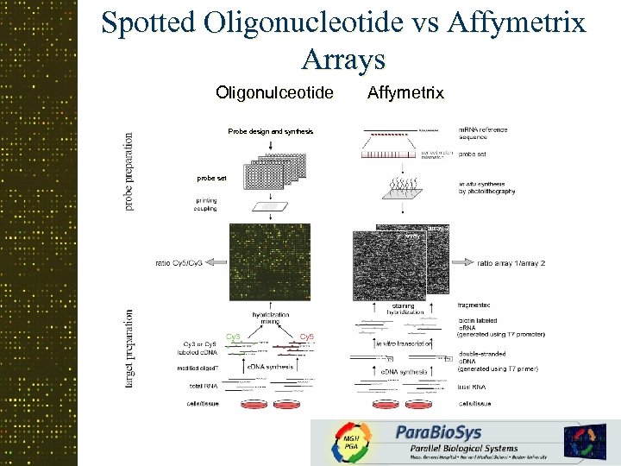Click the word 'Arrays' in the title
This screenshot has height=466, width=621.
point(343,59)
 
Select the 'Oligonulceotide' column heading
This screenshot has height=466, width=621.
point(273,91)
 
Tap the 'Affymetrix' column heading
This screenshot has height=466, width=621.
point(405,91)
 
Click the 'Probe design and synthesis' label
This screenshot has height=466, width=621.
point(270,131)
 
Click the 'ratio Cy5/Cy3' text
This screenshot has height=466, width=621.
point(179,262)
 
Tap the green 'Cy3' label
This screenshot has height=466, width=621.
point(232,336)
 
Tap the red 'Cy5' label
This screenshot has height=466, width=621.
point(305,336)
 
